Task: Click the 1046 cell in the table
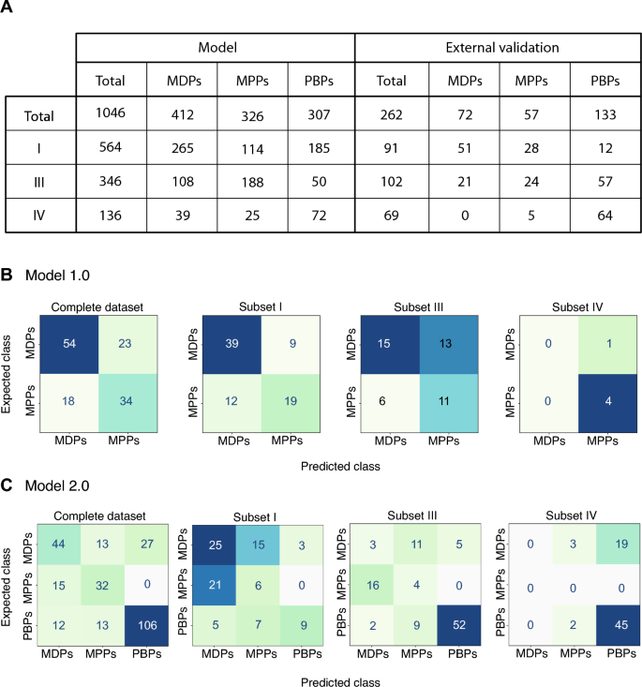click(111, 113)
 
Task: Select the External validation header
click(502, 47)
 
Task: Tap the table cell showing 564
click(111, 147)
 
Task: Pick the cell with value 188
click(252, 182)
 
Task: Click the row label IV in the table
click(39, 216)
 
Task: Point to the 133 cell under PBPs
click(605, 114)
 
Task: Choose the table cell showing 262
click(392, 114)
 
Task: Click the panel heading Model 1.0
click(57, 276)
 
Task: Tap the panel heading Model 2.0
click(57, 485)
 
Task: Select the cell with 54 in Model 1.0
click(69, 344)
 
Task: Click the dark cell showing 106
click(147, 626)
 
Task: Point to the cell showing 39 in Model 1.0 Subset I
click(231, 344)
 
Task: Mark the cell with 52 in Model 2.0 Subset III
click(459, 625)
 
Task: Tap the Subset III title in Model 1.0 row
click(419, 307)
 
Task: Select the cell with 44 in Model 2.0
click(59, 545)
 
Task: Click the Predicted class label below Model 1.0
click(340, 466)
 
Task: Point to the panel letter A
click(7, 7)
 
